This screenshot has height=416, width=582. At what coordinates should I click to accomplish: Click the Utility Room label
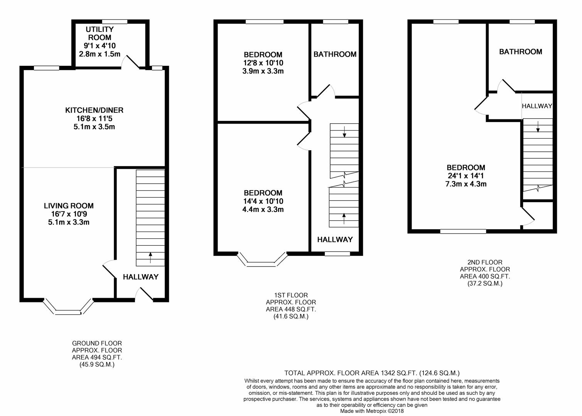[100, 34]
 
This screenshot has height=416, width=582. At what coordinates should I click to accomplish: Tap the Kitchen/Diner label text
[94, 111]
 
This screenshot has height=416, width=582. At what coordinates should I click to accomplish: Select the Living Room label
[69, 206]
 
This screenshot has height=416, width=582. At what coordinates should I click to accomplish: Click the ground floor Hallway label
[140, 277]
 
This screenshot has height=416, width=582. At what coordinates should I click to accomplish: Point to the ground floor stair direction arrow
[150, 257]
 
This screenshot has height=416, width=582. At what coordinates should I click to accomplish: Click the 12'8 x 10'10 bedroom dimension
[263, 63]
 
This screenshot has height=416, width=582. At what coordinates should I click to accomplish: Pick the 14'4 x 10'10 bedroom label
[263, 193]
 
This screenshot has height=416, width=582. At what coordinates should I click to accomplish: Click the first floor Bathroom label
[335, 54]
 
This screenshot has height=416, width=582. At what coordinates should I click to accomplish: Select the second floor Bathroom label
[520, 52]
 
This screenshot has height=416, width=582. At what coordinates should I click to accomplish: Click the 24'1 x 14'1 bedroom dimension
[466, 176]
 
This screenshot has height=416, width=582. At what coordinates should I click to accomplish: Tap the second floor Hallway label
[537, 106]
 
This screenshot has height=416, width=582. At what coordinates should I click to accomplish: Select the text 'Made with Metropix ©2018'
[372, 411]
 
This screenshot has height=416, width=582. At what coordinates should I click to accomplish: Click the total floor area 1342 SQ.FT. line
[372, 373]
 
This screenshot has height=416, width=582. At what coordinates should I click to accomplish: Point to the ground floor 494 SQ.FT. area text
[97, 357]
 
